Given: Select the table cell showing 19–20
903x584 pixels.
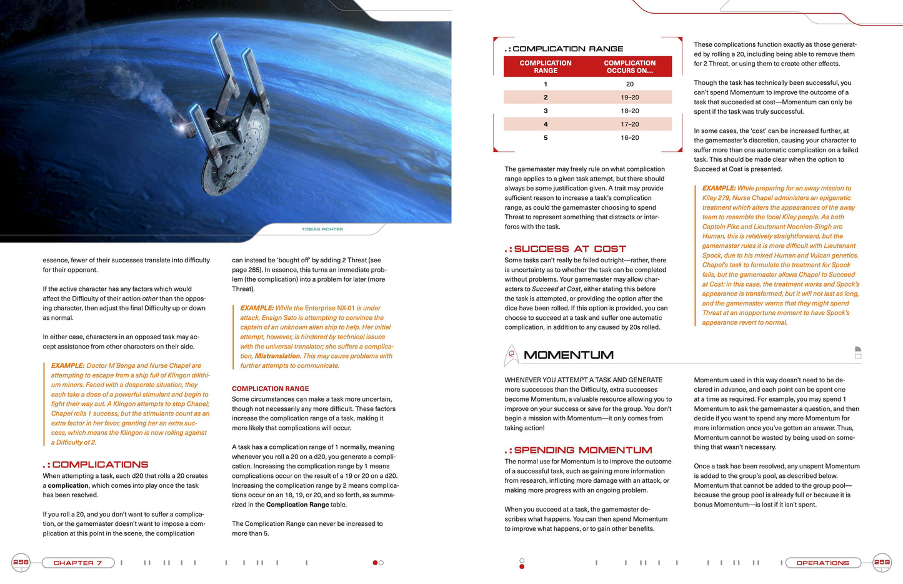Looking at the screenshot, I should (629, 97).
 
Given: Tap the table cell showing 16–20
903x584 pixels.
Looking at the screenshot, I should (629, 137).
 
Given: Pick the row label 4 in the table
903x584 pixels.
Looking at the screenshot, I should (546, 124).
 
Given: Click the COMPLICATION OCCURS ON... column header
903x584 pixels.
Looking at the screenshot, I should (629, 67).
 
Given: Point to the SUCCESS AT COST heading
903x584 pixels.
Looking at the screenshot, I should (569, 249).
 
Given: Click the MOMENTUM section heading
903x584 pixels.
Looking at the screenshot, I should (568, 355).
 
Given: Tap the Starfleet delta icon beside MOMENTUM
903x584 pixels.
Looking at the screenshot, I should (511, 355).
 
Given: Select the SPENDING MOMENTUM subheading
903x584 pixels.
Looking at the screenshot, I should (582, 450).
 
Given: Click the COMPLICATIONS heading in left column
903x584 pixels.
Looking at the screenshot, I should (100, 465).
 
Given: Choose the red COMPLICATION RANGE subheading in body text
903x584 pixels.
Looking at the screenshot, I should (270, 389).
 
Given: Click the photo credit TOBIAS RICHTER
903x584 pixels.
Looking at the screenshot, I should (322, 229).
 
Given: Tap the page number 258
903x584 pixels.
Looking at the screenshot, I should (21, 562).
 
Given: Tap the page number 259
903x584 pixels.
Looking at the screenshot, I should (882, 562).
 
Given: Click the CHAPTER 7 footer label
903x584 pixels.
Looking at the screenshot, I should (77, 563).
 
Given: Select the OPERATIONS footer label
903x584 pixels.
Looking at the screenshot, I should (822, 563).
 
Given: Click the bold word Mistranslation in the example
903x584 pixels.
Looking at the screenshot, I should (277, 356).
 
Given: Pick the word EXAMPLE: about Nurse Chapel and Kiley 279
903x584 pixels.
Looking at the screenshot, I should (719, 188).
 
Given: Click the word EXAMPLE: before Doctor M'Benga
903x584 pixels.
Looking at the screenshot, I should (67, 366).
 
